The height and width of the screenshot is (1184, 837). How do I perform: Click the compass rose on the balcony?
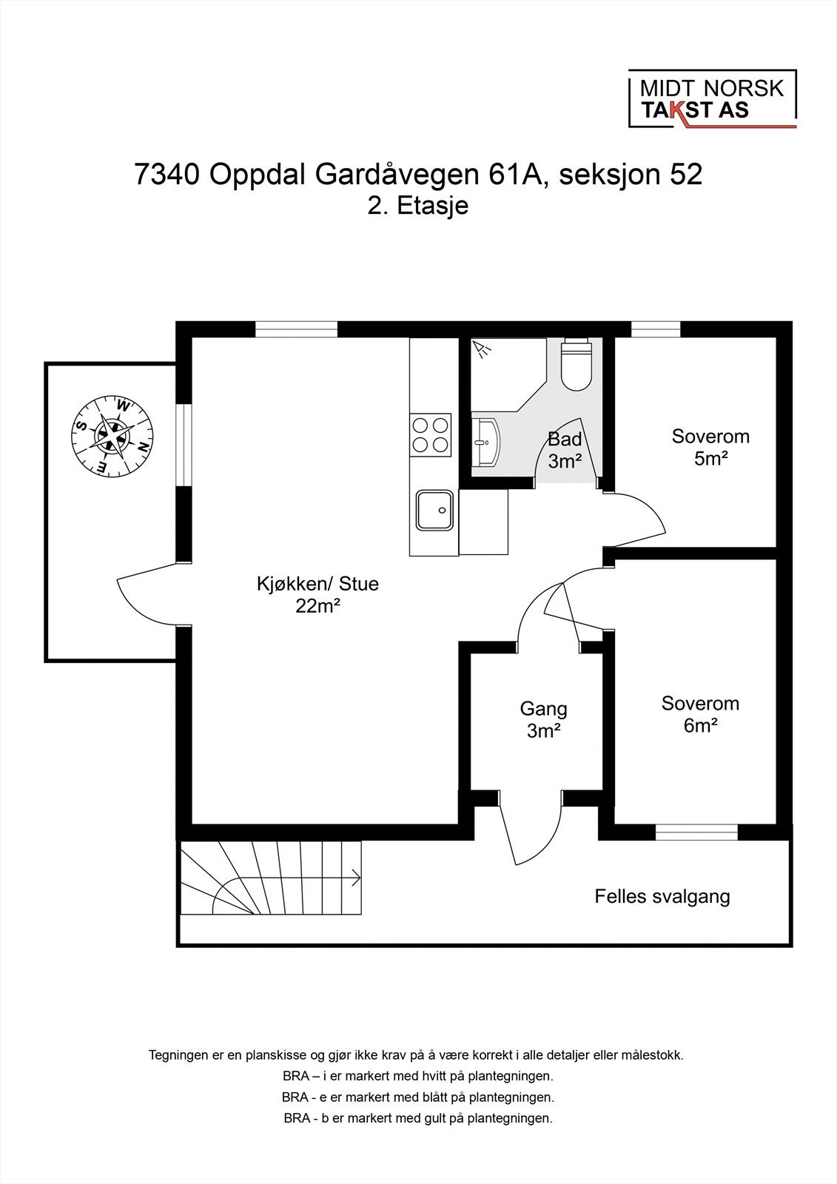tap(112, 435)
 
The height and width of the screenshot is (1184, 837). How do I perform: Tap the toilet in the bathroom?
tap(577, 366)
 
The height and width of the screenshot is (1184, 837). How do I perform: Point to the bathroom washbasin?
tap(486, 443)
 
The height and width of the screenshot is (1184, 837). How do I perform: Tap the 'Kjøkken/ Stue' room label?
tap(317, 584)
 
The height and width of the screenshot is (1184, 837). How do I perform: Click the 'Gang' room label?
tap(543, 709)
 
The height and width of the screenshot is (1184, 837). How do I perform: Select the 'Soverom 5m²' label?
tap(710, 447)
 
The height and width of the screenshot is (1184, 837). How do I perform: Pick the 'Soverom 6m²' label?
tap(700, 714)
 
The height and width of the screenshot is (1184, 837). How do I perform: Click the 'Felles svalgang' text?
tap(662, 897)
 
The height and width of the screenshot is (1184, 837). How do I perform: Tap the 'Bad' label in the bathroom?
tap(565, 439)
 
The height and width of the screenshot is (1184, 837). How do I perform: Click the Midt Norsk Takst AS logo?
tap(711, 99)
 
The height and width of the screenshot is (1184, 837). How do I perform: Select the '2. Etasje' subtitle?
tap(418, 206)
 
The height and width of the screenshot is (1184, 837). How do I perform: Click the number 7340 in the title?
tap(167, 175)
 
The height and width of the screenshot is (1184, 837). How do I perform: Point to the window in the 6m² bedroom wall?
tap(696, 833)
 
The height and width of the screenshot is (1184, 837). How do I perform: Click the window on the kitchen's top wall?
tap(296, 329)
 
